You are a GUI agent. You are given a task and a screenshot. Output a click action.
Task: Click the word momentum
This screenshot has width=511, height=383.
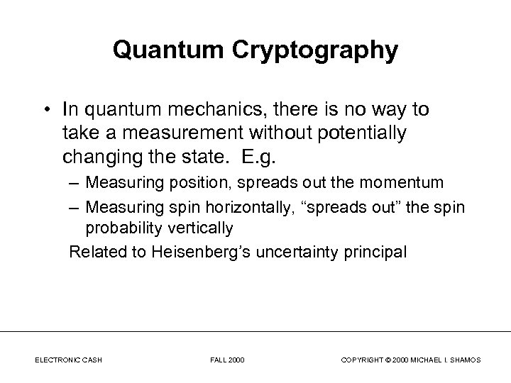[407, 182]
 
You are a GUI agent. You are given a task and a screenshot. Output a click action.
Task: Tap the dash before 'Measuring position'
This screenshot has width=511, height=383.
[75, 182]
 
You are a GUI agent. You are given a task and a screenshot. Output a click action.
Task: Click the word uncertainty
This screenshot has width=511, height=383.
[295, 252]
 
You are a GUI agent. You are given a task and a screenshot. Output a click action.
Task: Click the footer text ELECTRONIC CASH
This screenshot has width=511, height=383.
[68, 360]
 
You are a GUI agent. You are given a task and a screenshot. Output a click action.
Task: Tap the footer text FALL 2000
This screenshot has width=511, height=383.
[227, 360]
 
